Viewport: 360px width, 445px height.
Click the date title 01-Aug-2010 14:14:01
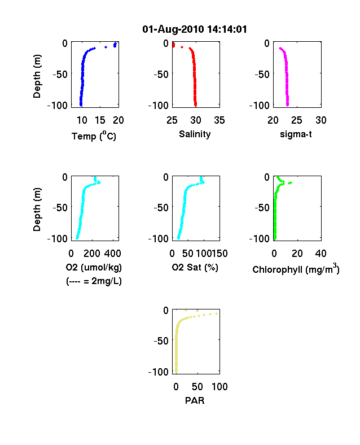pyautogui.click(x=195, y=29)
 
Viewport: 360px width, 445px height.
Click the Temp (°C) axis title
pyautogui.click(x=94, y=136)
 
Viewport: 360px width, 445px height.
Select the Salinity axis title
pyautogui.click(x=195, y=134)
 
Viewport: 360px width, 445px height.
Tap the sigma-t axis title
pyautogui.click(x=296, y=134)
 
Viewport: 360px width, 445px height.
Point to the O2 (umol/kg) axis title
pyautogui.click(x=94, y=267)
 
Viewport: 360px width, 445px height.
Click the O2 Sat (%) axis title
pyautogui.click(x=195, y=267)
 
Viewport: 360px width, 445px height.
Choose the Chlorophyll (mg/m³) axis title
pyautogui.click(x=296, y=269)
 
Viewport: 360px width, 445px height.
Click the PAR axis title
pyautogui.click(x=195, y=400)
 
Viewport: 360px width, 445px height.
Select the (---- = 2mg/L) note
pyautogui.click(x=94, y=281)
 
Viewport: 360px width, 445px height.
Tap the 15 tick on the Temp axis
pyautogui.click(x=100, y=120)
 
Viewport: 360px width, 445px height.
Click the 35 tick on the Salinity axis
pyautogui.click(x=219, y=120)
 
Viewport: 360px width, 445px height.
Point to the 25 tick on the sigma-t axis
pyautogui.click(x=296, y=120)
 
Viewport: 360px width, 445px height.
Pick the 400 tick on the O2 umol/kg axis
pyautogui.click(x=112, y=254)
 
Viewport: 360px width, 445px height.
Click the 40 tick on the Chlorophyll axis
pyautogui.click(x=321, y=254)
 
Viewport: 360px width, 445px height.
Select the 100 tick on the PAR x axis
pyautogui.click(x=219, y=386)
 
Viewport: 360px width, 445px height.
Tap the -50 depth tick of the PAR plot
pyautogui.click(x=161, y=341)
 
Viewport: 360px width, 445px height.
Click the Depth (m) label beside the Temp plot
pyautogui.click(x=37, y=76)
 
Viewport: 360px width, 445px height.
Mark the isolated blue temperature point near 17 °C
pyautogui.click(x=106, y=47)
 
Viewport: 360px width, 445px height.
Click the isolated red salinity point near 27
pyautogui.click(x=182, y=47)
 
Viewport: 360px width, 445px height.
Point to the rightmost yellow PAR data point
pyautogui.click(x=216, y=313)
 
